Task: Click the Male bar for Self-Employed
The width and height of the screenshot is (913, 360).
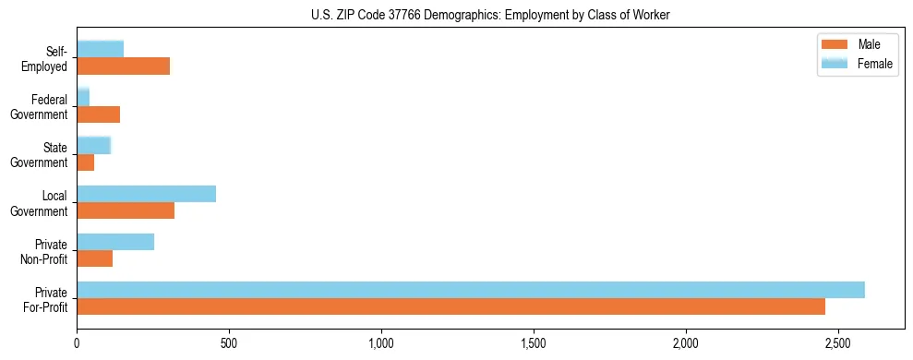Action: [123, 66]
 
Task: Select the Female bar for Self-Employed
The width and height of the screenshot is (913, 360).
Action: [100, 49]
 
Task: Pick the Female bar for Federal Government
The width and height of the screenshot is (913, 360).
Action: [83, 97]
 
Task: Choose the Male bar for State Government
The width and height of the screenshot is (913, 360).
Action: [85, 162]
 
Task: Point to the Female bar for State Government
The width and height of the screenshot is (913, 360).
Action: [93, 145]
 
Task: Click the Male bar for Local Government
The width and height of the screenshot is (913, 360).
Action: [126, 210]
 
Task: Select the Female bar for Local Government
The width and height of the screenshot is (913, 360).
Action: [146, 194]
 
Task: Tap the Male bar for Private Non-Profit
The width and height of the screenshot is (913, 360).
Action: [94, 258]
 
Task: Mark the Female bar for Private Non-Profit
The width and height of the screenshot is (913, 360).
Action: [115, 242]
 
